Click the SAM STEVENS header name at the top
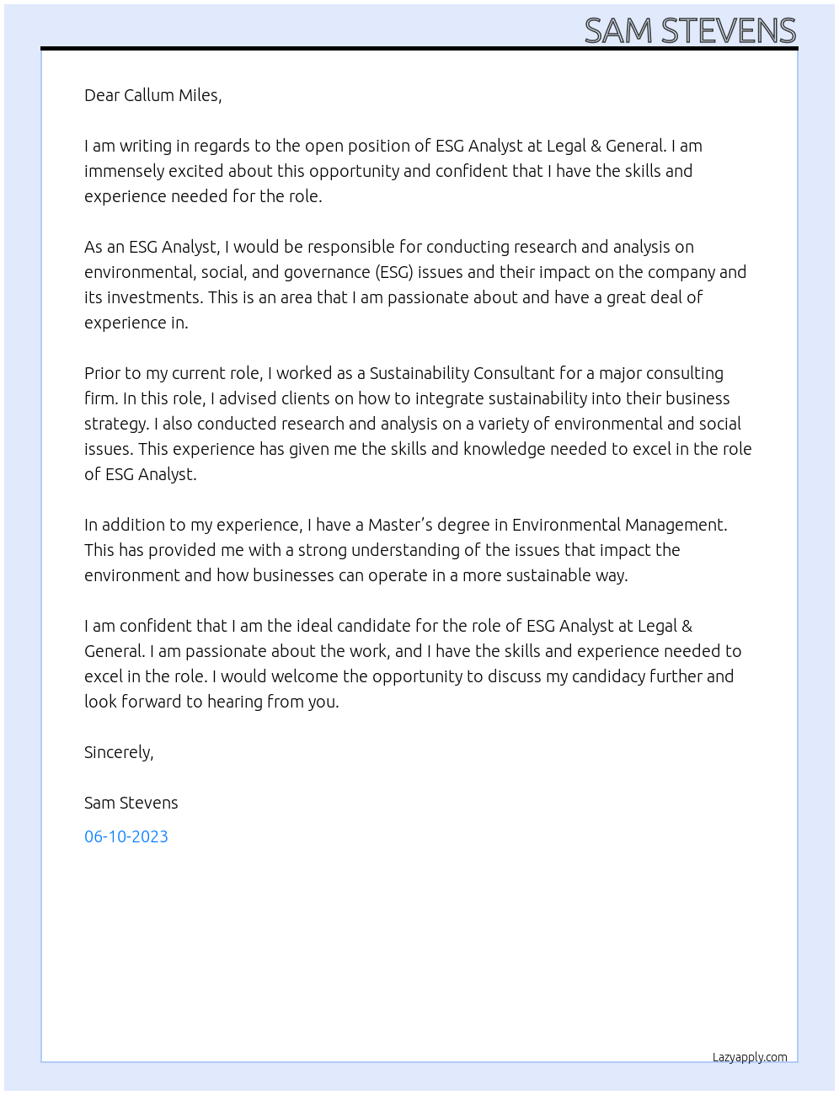689,30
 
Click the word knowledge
504,449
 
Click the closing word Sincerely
118,752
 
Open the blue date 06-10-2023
126,836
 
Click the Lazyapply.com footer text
749,1057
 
